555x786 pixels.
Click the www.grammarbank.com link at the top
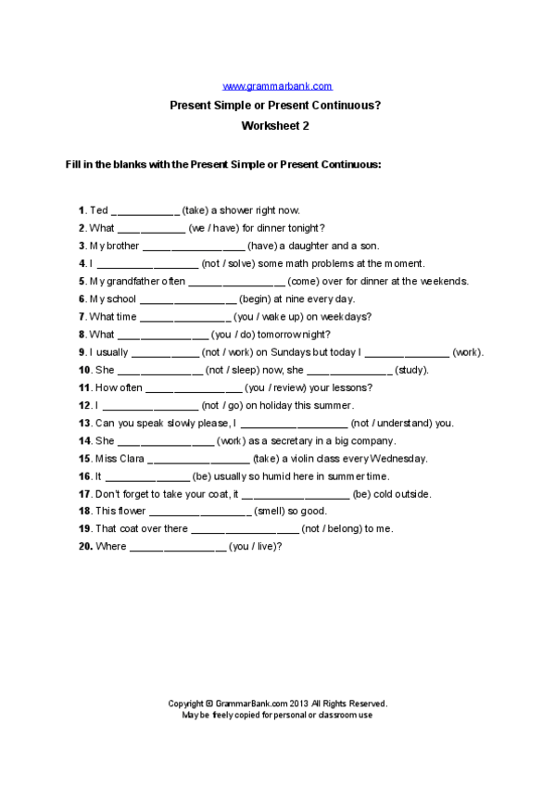coord(277,86)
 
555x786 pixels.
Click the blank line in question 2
coord(151,228)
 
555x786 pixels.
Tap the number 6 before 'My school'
coord(82,299)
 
